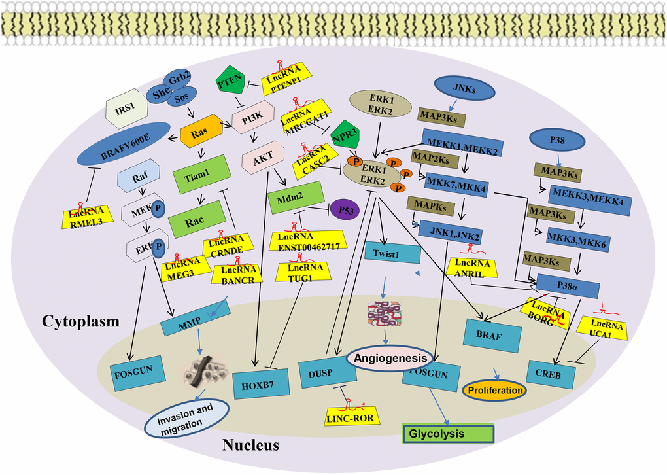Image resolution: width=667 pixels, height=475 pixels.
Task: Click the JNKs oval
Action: point(465,90)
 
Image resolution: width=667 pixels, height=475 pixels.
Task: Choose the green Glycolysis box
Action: point(446,433)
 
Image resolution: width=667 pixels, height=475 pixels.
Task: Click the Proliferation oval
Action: point(494,391)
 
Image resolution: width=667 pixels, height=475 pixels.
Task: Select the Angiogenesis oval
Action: point(391,358)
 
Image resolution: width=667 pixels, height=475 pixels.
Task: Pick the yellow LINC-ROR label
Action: point(353,414)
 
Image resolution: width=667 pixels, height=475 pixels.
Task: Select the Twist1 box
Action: point(394,253)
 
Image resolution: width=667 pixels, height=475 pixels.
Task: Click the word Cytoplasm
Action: point(81,321)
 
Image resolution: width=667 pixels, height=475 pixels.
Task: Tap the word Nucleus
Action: point(251,446)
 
